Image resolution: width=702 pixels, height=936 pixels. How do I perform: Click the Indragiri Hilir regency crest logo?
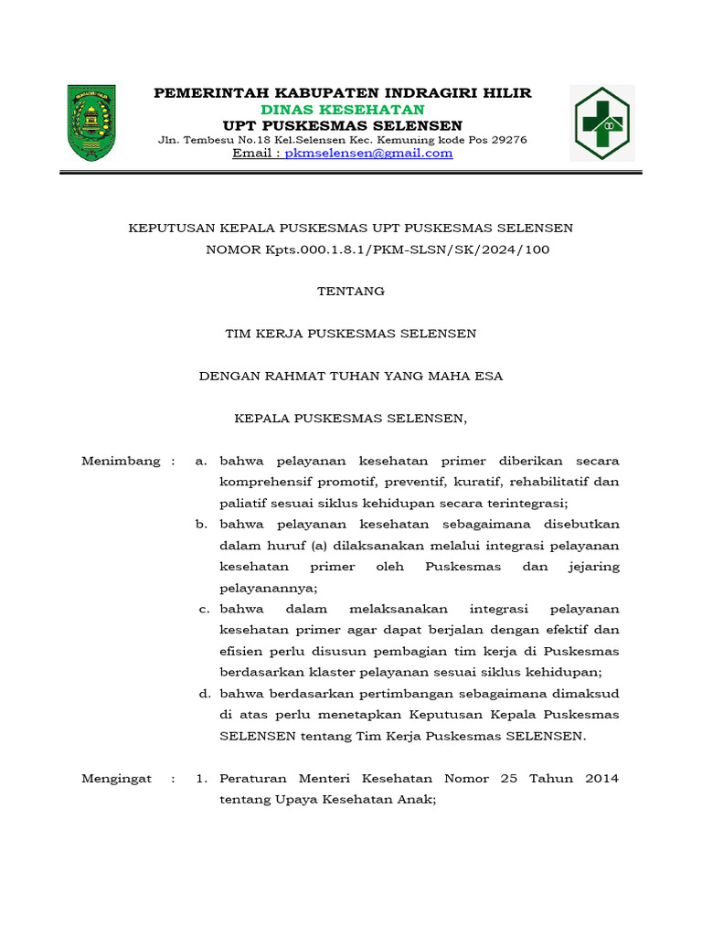coord(91,122)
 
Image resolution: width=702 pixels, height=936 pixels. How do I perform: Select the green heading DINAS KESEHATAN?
coord(343,110)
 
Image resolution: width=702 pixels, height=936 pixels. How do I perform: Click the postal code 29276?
coord(508,140)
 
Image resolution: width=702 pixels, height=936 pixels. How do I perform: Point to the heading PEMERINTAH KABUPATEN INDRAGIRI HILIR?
coord(343,93)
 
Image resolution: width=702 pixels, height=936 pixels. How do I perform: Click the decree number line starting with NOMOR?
coord(378,249)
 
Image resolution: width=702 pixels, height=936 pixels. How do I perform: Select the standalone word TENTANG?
coord(350,292)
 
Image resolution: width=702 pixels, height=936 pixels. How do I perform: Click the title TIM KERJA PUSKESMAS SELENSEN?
coord(350,334)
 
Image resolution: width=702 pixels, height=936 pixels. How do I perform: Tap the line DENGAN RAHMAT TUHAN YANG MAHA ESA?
coord(351,376)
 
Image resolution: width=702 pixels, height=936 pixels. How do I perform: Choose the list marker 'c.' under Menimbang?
coord(205,610)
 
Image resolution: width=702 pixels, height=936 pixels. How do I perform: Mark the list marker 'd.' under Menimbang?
coord(205,694)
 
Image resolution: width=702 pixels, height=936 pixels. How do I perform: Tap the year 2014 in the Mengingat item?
coord(600,779)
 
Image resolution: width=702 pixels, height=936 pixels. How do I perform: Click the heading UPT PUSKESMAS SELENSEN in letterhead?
coord(343,125)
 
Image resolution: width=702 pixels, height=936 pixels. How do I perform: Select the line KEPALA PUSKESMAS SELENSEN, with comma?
coord(351,419)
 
